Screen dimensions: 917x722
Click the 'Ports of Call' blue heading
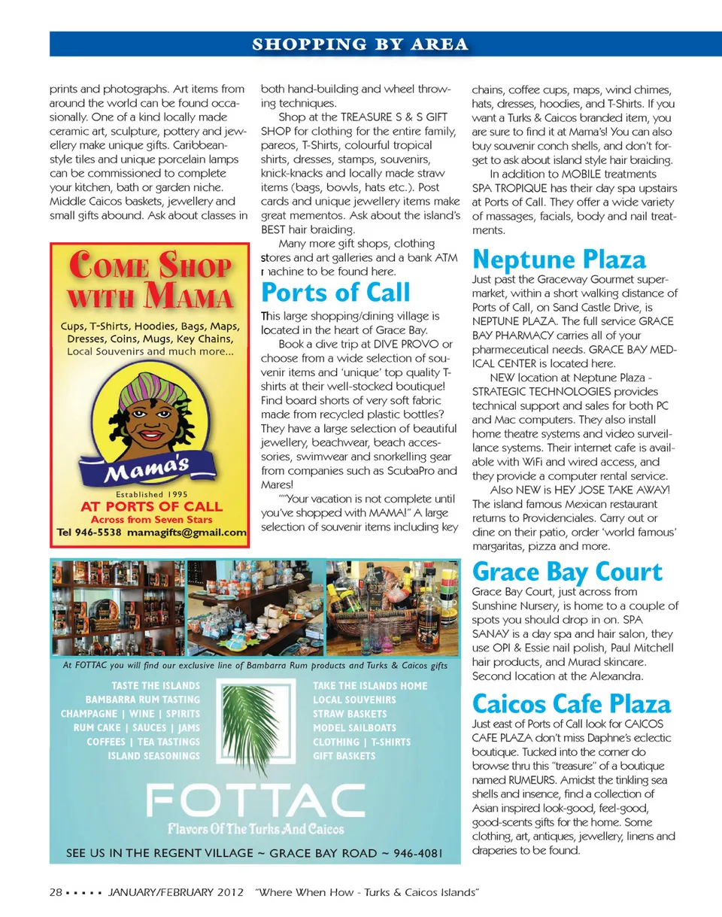pos(335,292)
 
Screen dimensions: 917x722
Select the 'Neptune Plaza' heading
pos(558,260)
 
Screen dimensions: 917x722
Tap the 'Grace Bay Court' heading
pos(566,572)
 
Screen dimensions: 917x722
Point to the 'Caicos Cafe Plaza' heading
pos(571,704)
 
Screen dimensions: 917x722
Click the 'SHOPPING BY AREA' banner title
pos(360,44)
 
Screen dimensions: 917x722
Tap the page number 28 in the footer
pos(55,892)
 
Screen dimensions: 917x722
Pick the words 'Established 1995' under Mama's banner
pos(147,494)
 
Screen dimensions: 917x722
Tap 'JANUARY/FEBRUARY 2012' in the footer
pos(176,892)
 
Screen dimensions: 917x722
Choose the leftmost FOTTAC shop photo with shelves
pos(117,609)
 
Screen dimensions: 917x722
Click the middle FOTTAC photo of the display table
pos(254,609)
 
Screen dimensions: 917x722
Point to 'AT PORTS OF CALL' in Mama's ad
pos(147,506)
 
